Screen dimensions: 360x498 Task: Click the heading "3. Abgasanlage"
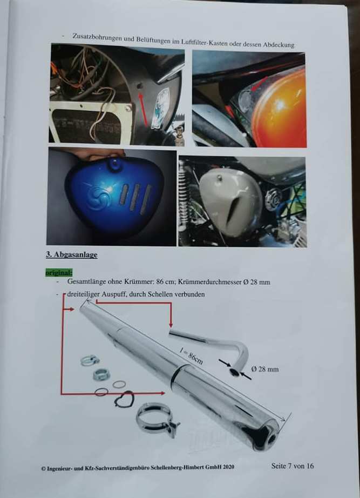[72, 255]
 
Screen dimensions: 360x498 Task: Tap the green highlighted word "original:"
[59, 273]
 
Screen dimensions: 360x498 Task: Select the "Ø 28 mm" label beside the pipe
[265, 369]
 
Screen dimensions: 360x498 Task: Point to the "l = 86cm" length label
[191, 356]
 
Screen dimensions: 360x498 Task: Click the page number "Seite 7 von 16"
[293, 466]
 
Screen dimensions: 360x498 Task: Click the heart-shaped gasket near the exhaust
[125, 399]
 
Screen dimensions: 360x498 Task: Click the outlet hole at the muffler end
[271, 440]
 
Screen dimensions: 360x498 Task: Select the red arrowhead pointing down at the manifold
[171, 325]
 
